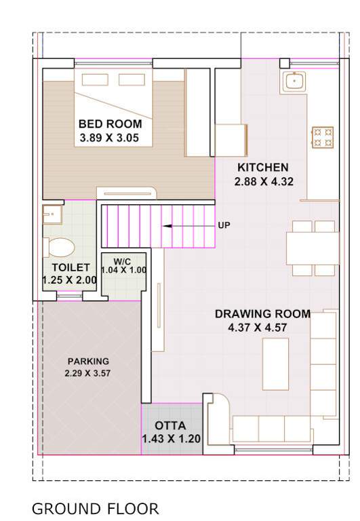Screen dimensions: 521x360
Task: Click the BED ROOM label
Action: pyautogui.click(x=110, y=124)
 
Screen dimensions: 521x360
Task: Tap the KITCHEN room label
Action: pyautogui.click(x=262, y=168)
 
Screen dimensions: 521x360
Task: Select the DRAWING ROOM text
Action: pyautogui.click(x=262, y=314)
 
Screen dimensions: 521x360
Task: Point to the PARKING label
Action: pyautogui.click(x=87, y=361)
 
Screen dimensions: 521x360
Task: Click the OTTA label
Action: pyautogui.click(x=171, y=425)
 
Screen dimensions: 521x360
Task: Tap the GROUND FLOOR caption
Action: pyautogui.click(x=95, y=509)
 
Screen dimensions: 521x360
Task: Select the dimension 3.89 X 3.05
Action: pyautogui.click(x=110, y=137)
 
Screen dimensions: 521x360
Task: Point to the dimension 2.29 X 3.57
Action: pyautogui.click(x=87, y=374)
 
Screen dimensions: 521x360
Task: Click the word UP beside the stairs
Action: pyautogui.click(x=224, y=225)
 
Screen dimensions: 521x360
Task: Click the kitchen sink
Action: pyautogui.click(x=294, y=82)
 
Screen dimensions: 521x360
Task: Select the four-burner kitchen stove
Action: pyautogui.click(x=322, y=136)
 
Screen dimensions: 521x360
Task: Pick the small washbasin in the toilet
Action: pyautogui.click(x=50, y=215)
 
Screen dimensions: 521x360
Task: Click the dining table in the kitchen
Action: pyautogui.click(x=312, y=248)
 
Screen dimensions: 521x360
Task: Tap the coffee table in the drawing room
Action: pyautogui.click(x=275, y=364)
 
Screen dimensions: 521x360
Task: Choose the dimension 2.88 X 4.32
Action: pyautogui.click(x=262, y=181)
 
